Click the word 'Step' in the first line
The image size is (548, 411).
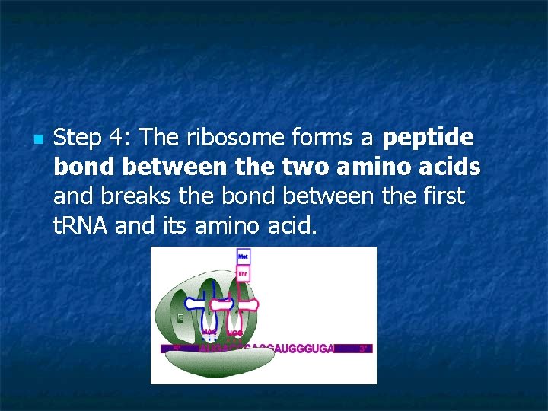pyautogui.click(x=78, y=139)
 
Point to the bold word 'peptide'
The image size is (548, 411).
pyautogui.click(x=428, y=139)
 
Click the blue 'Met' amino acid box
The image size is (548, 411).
pyautogui.click(x=243, y=256)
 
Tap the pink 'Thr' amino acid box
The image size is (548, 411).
pyautogui.click(x=243, y=272)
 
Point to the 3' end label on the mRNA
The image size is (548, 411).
pyautogui.click(x=364, y=349)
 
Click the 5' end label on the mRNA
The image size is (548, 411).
pyautogui.click(x=176, y=349)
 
